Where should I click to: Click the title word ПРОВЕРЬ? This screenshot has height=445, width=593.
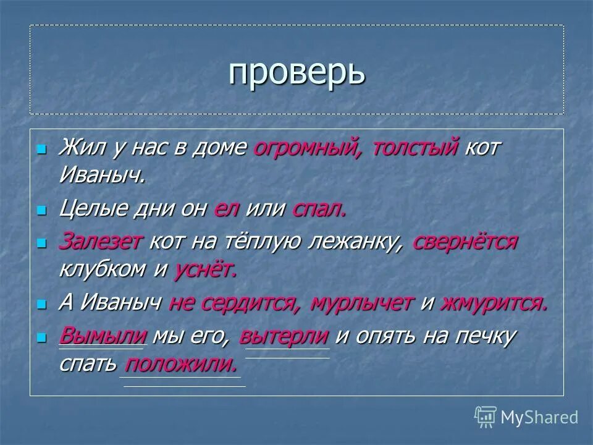[296, 73]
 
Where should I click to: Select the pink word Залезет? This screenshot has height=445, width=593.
[101, 242]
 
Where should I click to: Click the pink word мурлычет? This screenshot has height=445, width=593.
[362, 303]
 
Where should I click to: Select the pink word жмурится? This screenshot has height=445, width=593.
[494, 303]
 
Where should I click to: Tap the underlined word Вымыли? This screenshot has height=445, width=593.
[103, 336]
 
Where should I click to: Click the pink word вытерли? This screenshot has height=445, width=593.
[284, 336]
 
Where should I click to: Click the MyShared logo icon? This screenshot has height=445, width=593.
[486, 417]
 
